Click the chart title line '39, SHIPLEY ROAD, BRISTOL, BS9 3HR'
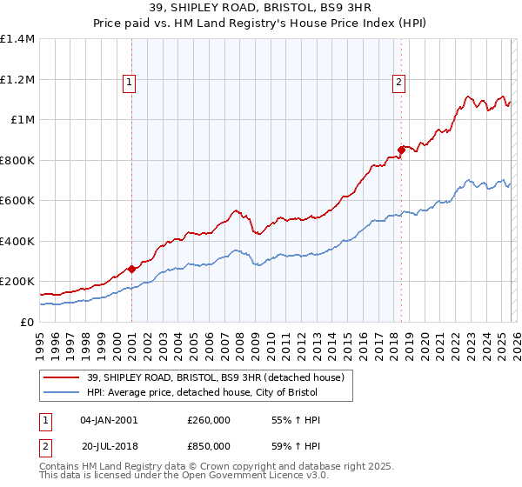click(x=261, y=8)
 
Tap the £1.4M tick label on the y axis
click(x=17, y=39)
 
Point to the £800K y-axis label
click(x=17, y=160)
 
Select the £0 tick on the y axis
click(x=26, y=322)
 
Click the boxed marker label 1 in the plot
click(x=129, y=83)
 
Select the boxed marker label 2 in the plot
click(x=398, y=83)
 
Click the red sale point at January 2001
click(x=131, y=269)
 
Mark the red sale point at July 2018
click(x=401, y=150)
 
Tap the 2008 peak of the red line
click(x=236, y=210)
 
